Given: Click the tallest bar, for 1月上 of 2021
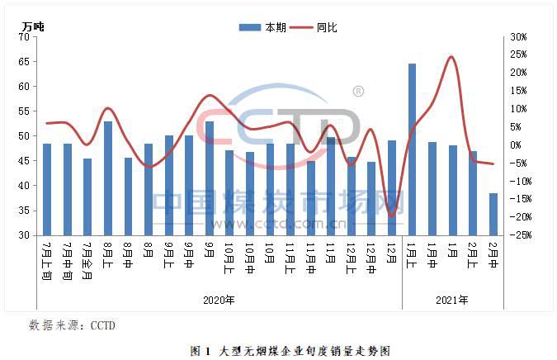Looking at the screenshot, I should (412, 149).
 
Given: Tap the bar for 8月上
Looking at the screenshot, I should (108, 178).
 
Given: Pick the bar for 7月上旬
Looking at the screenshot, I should (47, 189).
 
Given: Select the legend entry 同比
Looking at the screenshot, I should (318, 27).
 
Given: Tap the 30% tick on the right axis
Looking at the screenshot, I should (519, 37).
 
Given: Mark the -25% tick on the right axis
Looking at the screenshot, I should (519, 235).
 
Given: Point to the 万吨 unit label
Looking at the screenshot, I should (34, 26).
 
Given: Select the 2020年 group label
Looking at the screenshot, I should (219, 300).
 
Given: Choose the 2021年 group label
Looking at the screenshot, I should (452, 300).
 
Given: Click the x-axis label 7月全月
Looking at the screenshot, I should (87, 260).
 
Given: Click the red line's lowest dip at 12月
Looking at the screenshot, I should (391, 216).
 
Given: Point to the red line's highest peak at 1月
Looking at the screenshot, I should (451, 57).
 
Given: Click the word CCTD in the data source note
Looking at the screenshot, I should (103, 324).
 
